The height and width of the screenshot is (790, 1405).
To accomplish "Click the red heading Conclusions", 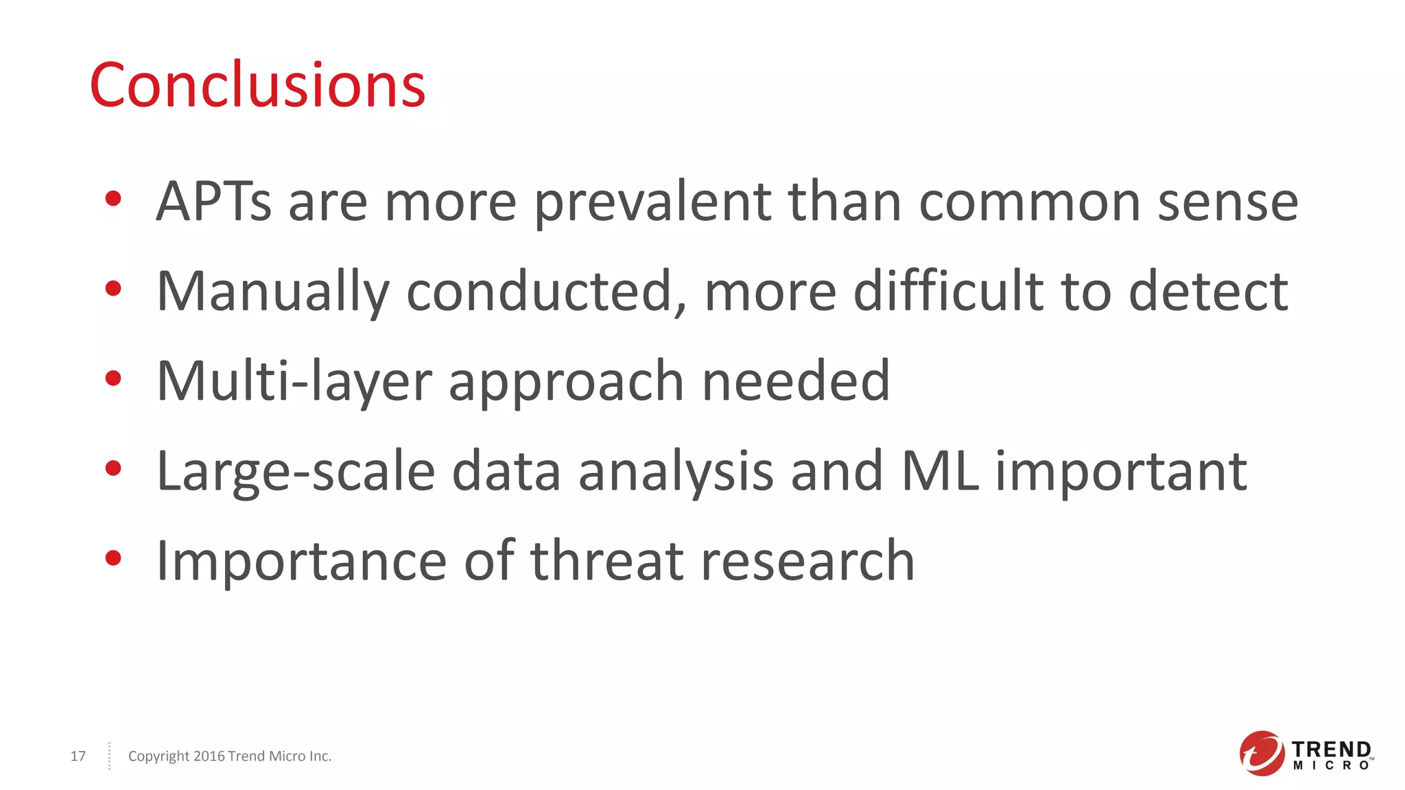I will pos(257,85).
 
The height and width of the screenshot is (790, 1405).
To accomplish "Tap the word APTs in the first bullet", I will pos(213,202).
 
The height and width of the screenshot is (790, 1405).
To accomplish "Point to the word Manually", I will pos(272,291).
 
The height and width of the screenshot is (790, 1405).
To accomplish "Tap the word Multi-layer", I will pos(294,381).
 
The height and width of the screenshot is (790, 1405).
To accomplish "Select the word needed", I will pos(796,381).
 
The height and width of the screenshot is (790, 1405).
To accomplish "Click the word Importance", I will pos(302,561).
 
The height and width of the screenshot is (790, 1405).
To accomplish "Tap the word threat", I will pos(607,561).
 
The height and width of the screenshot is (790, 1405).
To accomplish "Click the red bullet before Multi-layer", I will pos(113,378).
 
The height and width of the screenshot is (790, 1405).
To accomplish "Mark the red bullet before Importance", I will pos(113,558).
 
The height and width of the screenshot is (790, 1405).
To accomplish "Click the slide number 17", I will pos(78,756).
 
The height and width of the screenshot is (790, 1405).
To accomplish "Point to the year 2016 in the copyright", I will pos(209,756).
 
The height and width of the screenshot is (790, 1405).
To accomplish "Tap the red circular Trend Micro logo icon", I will pos(1261,753).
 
